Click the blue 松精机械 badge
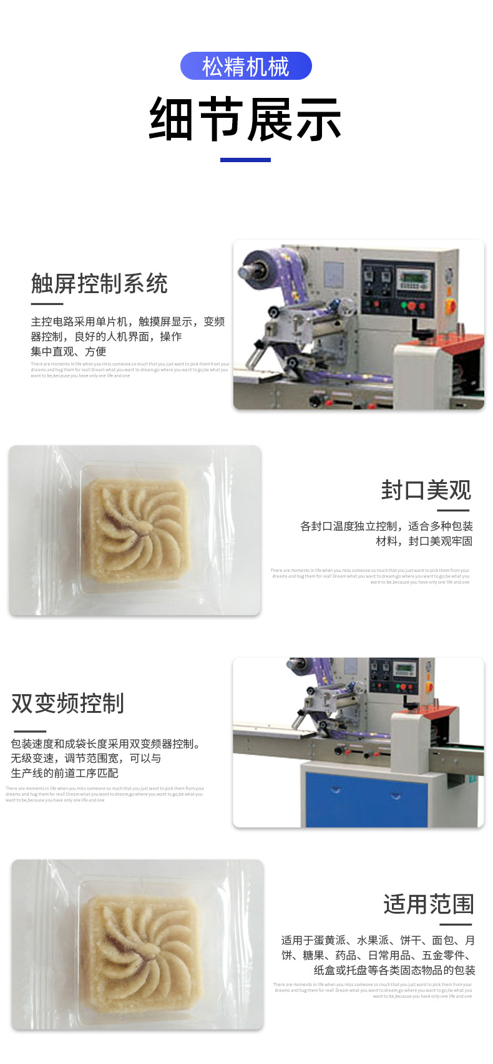(x=246, y=66)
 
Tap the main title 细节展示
(x=245, y=119)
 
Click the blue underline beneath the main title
(x=245, y=160)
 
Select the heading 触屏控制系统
(x=99, y=284)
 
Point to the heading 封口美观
(x=426, y=490)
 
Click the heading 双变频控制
(x=67, y=703)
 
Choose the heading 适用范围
(x=429, y=904)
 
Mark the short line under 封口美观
(x=454, y=510)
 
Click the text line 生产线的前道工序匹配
(x=64, y=773)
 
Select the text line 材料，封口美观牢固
(x=424, y=541)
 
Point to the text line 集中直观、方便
(x=69, y=352)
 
